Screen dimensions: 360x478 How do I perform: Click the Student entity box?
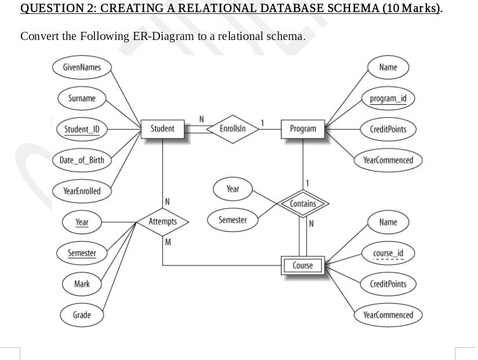click(162, 128)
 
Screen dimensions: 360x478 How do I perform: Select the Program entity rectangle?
click(303, 129)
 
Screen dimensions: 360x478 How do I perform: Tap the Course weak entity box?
click(302, 266)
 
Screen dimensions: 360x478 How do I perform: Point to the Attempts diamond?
click(163, 222)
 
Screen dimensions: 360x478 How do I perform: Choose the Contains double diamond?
click(303, 203)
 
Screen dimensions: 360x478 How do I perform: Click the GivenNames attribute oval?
click(82, 67)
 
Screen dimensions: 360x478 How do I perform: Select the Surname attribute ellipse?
click(82, 98)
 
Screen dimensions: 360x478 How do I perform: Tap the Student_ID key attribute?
click(82, 129)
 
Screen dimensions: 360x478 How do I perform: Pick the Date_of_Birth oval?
click(82, 160)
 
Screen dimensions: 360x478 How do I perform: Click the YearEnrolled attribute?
click(82, 191)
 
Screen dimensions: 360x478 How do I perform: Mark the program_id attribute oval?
click(388, 98)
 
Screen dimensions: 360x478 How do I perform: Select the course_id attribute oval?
click(388, 253)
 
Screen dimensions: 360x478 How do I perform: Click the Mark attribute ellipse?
click(82, 284)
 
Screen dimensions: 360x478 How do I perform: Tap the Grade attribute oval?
click(82, 315)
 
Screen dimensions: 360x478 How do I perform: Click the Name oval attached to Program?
click(388, 67)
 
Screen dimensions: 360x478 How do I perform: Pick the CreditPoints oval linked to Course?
click(388, 284)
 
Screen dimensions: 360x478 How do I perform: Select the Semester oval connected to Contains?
click(232, 220)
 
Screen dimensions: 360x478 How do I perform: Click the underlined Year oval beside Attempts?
click(82, 222)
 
